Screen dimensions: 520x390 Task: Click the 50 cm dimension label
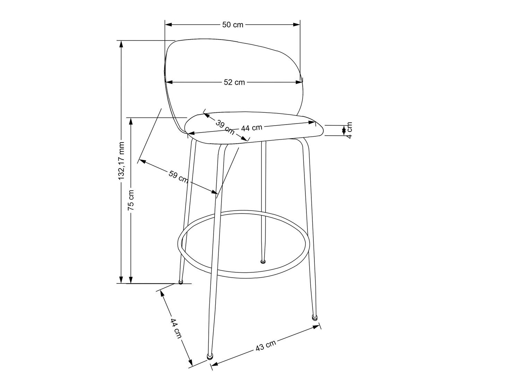[x=233, y=25]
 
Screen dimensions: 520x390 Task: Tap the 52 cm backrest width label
[x=234, y=82]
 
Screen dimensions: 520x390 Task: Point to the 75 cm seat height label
[x=131, y=200]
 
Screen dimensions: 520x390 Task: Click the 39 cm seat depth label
[x=224, y=127]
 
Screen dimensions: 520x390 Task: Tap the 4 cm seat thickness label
[x=349, y=130]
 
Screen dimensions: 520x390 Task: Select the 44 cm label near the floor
[x=176, y=328]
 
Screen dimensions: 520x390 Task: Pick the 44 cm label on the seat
[x=252, y=128]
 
